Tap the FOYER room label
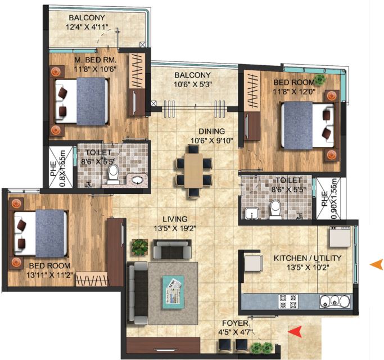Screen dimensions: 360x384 coord(233,323)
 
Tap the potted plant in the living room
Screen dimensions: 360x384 coord(139,246)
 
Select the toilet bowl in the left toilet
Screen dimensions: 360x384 coord(113,174)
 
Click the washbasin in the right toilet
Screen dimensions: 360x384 coord(251,212)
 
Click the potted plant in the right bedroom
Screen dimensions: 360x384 coord(320,79)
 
